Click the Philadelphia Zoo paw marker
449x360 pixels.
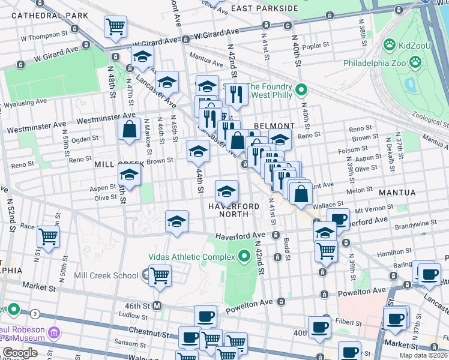[415, 62]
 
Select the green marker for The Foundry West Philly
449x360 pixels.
[302, 91]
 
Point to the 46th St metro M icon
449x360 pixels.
[157, 305]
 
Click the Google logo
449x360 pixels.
[20, 353]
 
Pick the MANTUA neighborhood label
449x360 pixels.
[396, 193]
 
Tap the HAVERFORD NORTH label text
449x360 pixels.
[234, 211]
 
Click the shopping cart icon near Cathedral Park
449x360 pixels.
[115, 26]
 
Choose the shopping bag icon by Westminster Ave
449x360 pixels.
[130, 128]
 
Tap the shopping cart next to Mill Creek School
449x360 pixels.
[160, 275]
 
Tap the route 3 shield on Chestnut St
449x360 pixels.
[35, 313]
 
